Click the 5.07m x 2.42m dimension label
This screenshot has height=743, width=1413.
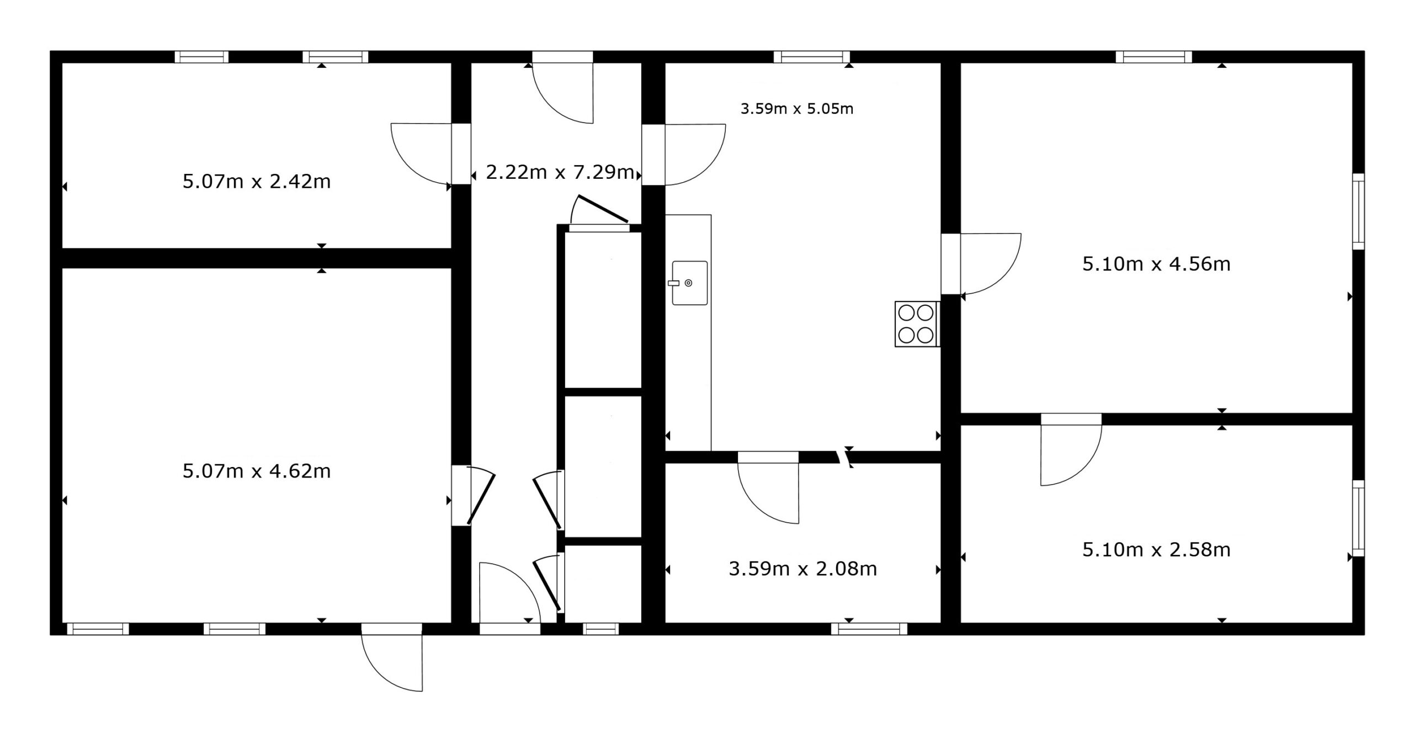(257, 181)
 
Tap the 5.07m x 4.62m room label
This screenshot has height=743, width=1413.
(257, 471)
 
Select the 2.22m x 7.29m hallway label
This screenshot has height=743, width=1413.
(560, 172)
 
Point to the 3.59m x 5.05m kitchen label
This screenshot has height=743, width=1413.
(797, 109)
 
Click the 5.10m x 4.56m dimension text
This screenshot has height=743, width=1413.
(1156, 264)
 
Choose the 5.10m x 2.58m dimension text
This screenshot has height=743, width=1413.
(1156, 550)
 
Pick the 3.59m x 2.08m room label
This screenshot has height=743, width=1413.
(803, 569)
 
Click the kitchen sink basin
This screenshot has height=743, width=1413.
(689, 283)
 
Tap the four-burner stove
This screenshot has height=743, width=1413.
(917, 324)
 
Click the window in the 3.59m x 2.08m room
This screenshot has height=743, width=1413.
(869, 629)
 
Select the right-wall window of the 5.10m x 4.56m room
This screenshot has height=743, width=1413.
(1358, 211)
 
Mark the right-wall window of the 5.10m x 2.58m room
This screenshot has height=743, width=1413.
(1358, 518)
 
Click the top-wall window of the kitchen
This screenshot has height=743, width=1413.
(812, 57)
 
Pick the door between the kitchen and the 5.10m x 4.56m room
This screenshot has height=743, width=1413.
(981, 264)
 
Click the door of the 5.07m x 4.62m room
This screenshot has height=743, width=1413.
(474, 496)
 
